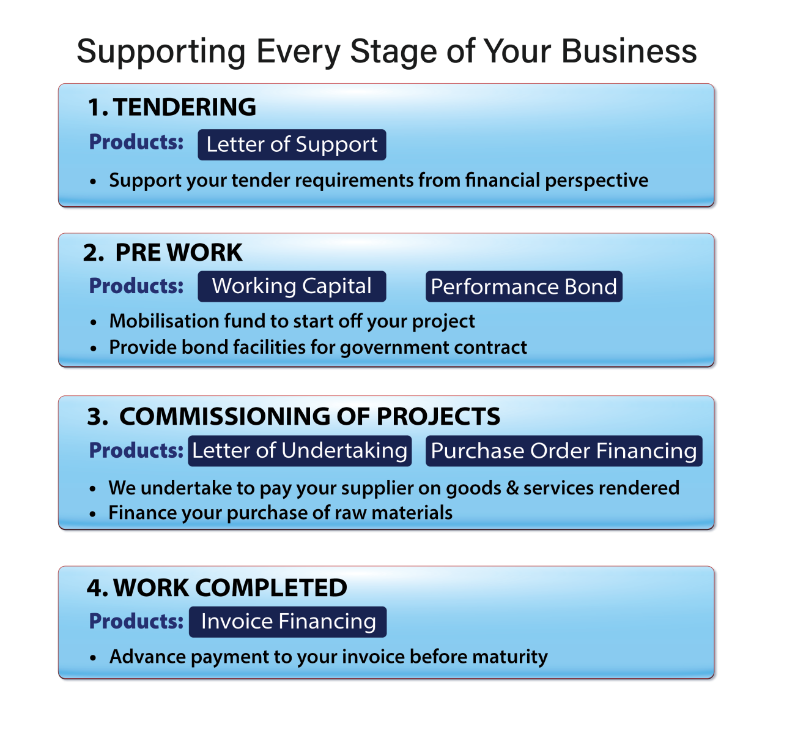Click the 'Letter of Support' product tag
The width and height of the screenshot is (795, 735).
292,144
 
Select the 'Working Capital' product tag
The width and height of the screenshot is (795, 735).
292,286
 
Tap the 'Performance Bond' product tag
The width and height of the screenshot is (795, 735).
523,286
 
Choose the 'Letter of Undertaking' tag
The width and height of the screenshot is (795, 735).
300,451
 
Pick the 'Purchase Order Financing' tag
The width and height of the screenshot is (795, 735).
563,451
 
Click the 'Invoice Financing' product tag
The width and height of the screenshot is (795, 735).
288,622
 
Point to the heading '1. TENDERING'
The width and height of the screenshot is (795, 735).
172,107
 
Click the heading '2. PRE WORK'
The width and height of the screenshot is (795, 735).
163,253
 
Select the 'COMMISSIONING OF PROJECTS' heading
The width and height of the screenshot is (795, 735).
309,417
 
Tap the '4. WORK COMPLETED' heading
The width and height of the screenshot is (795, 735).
217,588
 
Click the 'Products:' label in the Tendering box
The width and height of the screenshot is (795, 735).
136,142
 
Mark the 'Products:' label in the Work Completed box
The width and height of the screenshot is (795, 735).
136,621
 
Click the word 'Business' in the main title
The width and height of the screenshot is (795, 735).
629,51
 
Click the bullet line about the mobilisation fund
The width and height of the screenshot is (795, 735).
292,321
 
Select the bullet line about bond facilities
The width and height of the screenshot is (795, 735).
317,348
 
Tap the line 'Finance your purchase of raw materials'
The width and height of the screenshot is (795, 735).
280,513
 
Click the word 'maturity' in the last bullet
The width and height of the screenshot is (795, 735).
509,657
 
